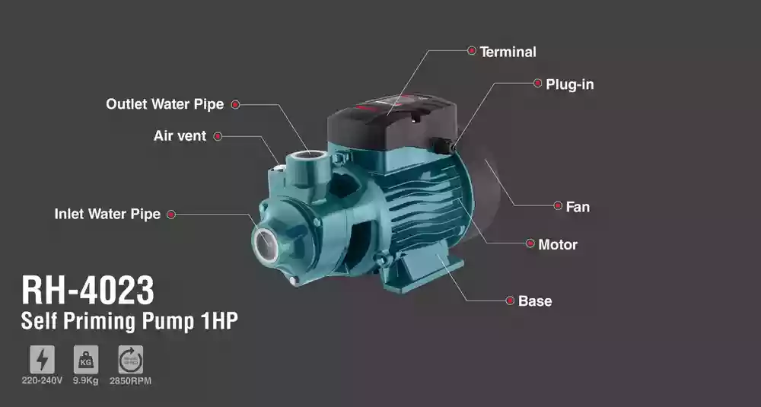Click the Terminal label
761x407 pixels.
point(508,52)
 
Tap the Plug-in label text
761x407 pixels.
point(570,84)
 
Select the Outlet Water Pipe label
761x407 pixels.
point(165,104)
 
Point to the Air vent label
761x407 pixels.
point(180,136)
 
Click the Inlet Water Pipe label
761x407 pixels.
point(107,214)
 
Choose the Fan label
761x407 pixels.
point(578,207)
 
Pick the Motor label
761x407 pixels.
point(558,244)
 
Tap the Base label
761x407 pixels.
point(535,300)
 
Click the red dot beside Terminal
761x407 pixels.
point(472,50)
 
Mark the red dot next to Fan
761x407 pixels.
point(558,205)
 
